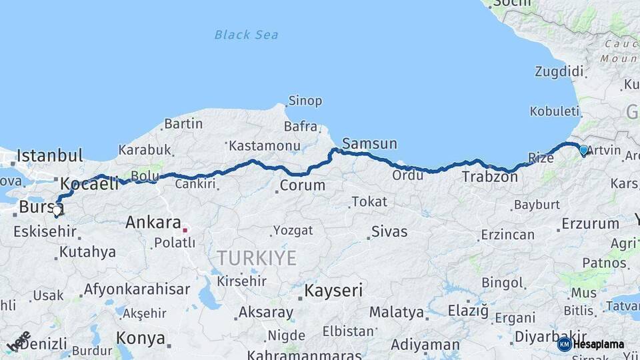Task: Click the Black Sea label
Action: (x=247, y=35)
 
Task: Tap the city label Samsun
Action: (x=369, y=143)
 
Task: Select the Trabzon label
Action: (x=489, y=177)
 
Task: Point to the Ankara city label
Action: (x=153, y=223)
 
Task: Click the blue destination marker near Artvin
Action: (x=584, y=151)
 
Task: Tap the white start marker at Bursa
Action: (x=57, y=213)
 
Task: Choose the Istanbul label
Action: (x=49, y=156)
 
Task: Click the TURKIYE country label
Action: (x=256, y=259)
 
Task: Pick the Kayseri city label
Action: (x=333, y=291)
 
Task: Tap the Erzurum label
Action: (x=590, y=224)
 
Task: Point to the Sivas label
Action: (x=389, y=233)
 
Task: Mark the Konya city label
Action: (x=141, y=338)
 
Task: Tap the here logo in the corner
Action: (x=19, y=341)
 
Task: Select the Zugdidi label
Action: (x=559, y=71)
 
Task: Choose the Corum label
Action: (x=302, y=185)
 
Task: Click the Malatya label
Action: (x=396, y=312)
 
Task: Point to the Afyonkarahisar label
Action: (x=137, y=290)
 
